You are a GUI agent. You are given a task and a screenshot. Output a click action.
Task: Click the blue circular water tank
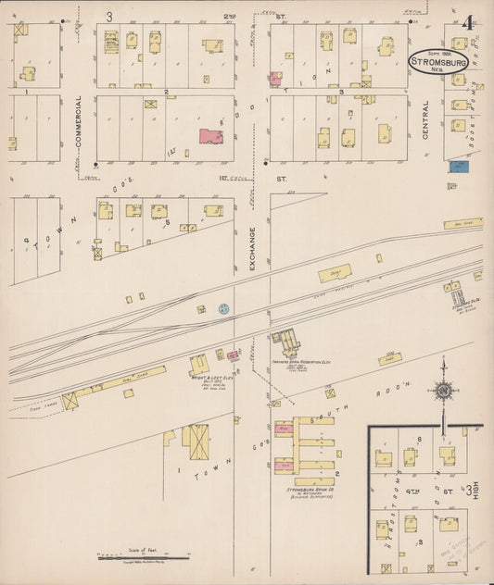(x=223, y=309)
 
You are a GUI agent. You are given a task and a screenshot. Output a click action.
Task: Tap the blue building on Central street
(x=458, y=167)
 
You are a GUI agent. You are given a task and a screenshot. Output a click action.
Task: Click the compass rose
(x=443, y=391)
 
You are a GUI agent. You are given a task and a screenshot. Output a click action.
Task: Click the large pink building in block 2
(x=211, y=137)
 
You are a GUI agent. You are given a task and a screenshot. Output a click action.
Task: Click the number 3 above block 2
(x=108, y=17)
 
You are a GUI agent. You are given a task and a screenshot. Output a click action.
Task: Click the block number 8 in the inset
(x=420, y=438)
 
